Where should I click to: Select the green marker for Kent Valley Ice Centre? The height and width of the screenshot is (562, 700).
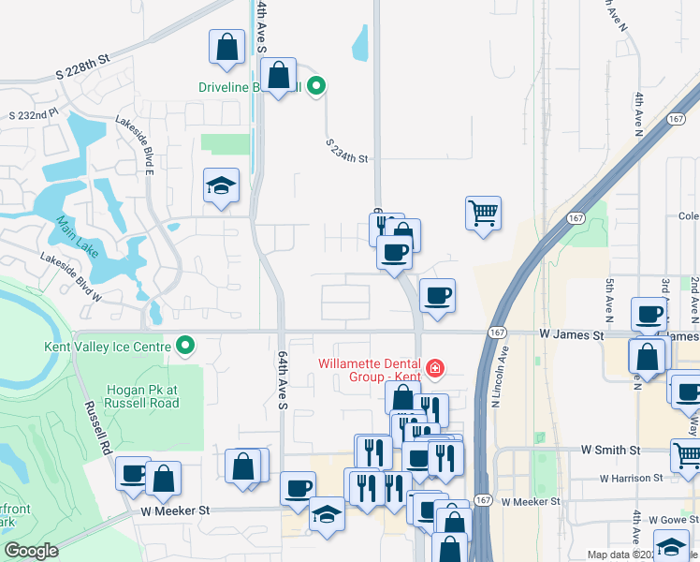pyautogui.click(x=185, y=347)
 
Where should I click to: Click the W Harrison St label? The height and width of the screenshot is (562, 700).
pyautogui.click(x=631, y=478)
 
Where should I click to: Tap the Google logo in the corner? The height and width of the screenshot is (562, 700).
pyautogui.click(x=31, y=551)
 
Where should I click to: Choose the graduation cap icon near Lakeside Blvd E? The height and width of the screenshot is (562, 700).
pyautogui.click(x=222, y=186)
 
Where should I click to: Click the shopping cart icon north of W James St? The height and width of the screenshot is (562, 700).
pyautogui.click(x=483, y=214)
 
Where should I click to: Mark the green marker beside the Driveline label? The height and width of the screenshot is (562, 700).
pyautogui.click(x=316, y=87)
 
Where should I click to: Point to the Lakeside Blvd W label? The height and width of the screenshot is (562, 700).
pyautogui.click(x=70, y=277)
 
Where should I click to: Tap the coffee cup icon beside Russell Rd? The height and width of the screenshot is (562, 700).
pyautogui.click(x=133, y=474)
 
